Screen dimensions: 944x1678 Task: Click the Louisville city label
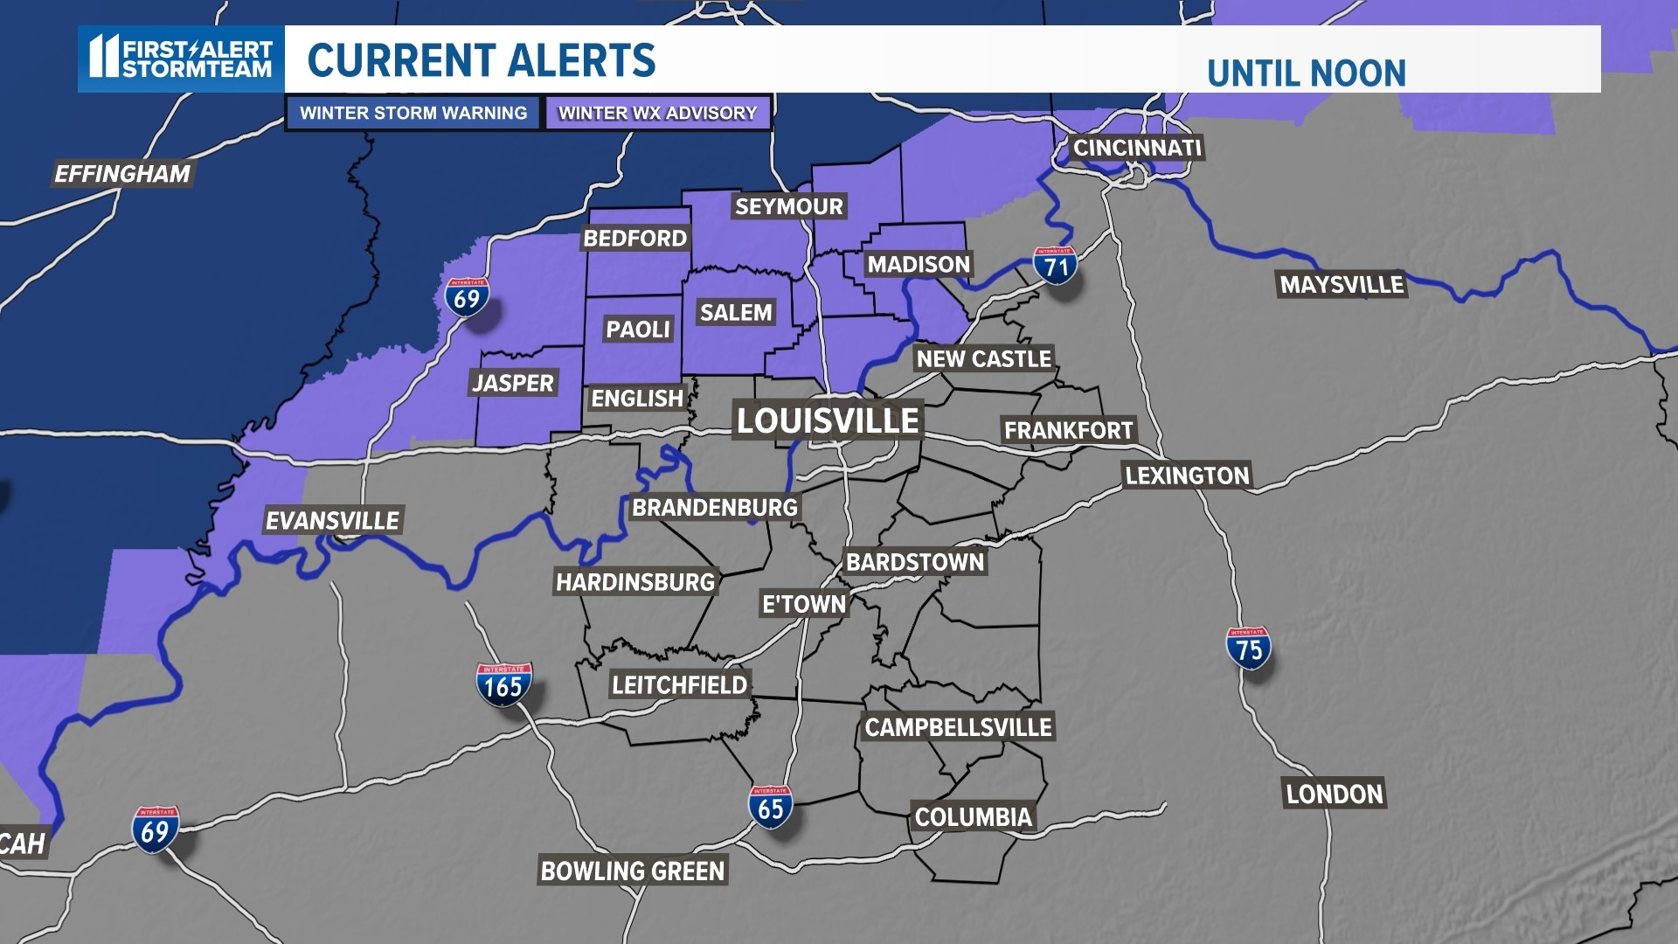coord(827,421)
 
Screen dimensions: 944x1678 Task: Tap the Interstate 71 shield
coord(1055,266)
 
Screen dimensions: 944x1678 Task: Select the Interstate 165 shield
coord(503,684)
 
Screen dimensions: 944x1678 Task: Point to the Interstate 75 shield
coord(1248,648)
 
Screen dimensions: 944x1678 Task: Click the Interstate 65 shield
coord(770,807)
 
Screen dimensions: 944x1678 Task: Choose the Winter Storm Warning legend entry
coord(413,113)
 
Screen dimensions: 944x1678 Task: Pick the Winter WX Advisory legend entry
coord(657,113)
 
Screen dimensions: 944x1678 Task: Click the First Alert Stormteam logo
coord(181,59)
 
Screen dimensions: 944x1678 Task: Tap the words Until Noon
coord(1306,73)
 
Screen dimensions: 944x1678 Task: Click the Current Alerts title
coord(482,60)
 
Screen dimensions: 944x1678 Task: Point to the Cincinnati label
coord(1137,148)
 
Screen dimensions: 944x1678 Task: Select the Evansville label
coord(332,521)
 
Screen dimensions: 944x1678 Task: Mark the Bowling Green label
coord(633,871)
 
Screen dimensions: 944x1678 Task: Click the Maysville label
coord(1342,284)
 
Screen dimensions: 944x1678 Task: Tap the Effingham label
coord(122,174)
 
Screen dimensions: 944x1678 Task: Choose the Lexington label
coord(1187,475)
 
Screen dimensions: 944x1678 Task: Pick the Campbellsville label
coord(958,727)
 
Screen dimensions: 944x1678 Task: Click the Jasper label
coord(513,383)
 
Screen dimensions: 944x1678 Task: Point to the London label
coord(1335,794)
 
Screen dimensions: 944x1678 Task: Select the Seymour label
coord(788,206)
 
